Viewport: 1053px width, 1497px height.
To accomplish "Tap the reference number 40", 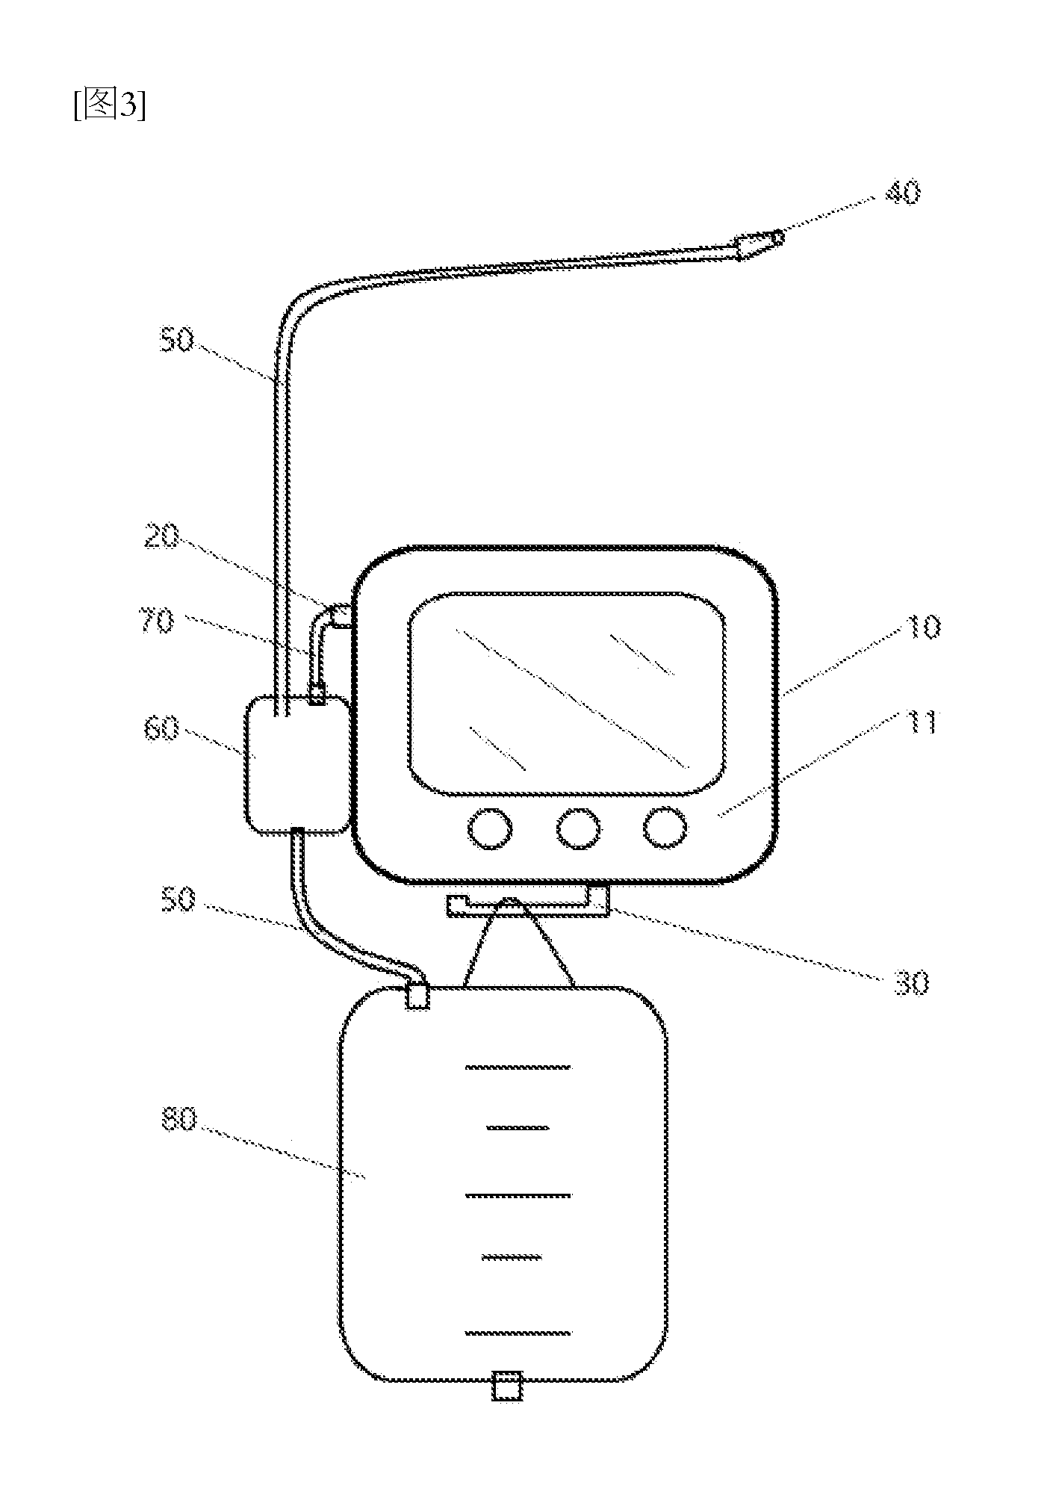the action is tap(902, 193).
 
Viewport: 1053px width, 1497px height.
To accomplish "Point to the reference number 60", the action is tap(161, 728).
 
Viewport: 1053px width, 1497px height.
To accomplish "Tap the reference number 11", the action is tap(921, 722).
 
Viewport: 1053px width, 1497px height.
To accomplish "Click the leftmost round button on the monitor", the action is tap(490, 828).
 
